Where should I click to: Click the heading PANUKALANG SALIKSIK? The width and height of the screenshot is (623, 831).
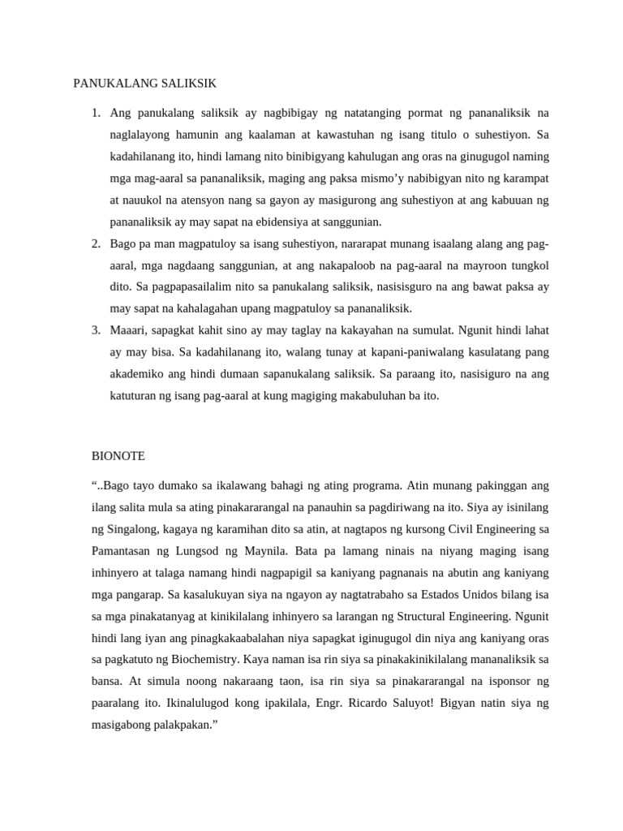(145, 84)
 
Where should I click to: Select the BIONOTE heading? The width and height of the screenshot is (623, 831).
(118, 456)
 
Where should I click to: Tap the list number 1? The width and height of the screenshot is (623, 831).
(95, 113)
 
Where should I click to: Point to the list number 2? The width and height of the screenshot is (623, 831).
(95, 243)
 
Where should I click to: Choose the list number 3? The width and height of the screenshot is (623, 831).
(95, 330)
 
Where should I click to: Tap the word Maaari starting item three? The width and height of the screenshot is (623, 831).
(129, 330)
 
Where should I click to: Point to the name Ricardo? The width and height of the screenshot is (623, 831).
(362, 703)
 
